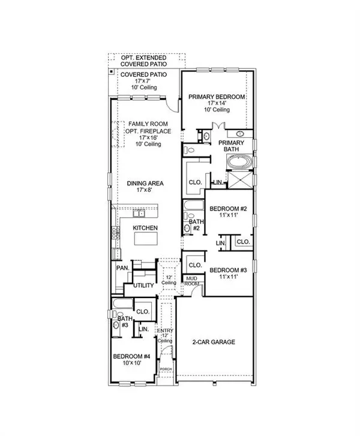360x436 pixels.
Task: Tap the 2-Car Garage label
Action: (214, 342)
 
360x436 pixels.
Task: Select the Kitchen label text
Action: (145, 228)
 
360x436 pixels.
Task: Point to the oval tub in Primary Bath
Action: (239, 162)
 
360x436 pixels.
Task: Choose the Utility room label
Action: (143, 285)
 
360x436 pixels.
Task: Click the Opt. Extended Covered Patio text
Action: (144, 60)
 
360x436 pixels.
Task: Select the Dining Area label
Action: (145, 184)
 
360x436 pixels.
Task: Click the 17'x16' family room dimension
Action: (145, 137)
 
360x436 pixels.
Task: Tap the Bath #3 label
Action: (122, 322)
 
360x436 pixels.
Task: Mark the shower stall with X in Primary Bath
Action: (240, 180)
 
